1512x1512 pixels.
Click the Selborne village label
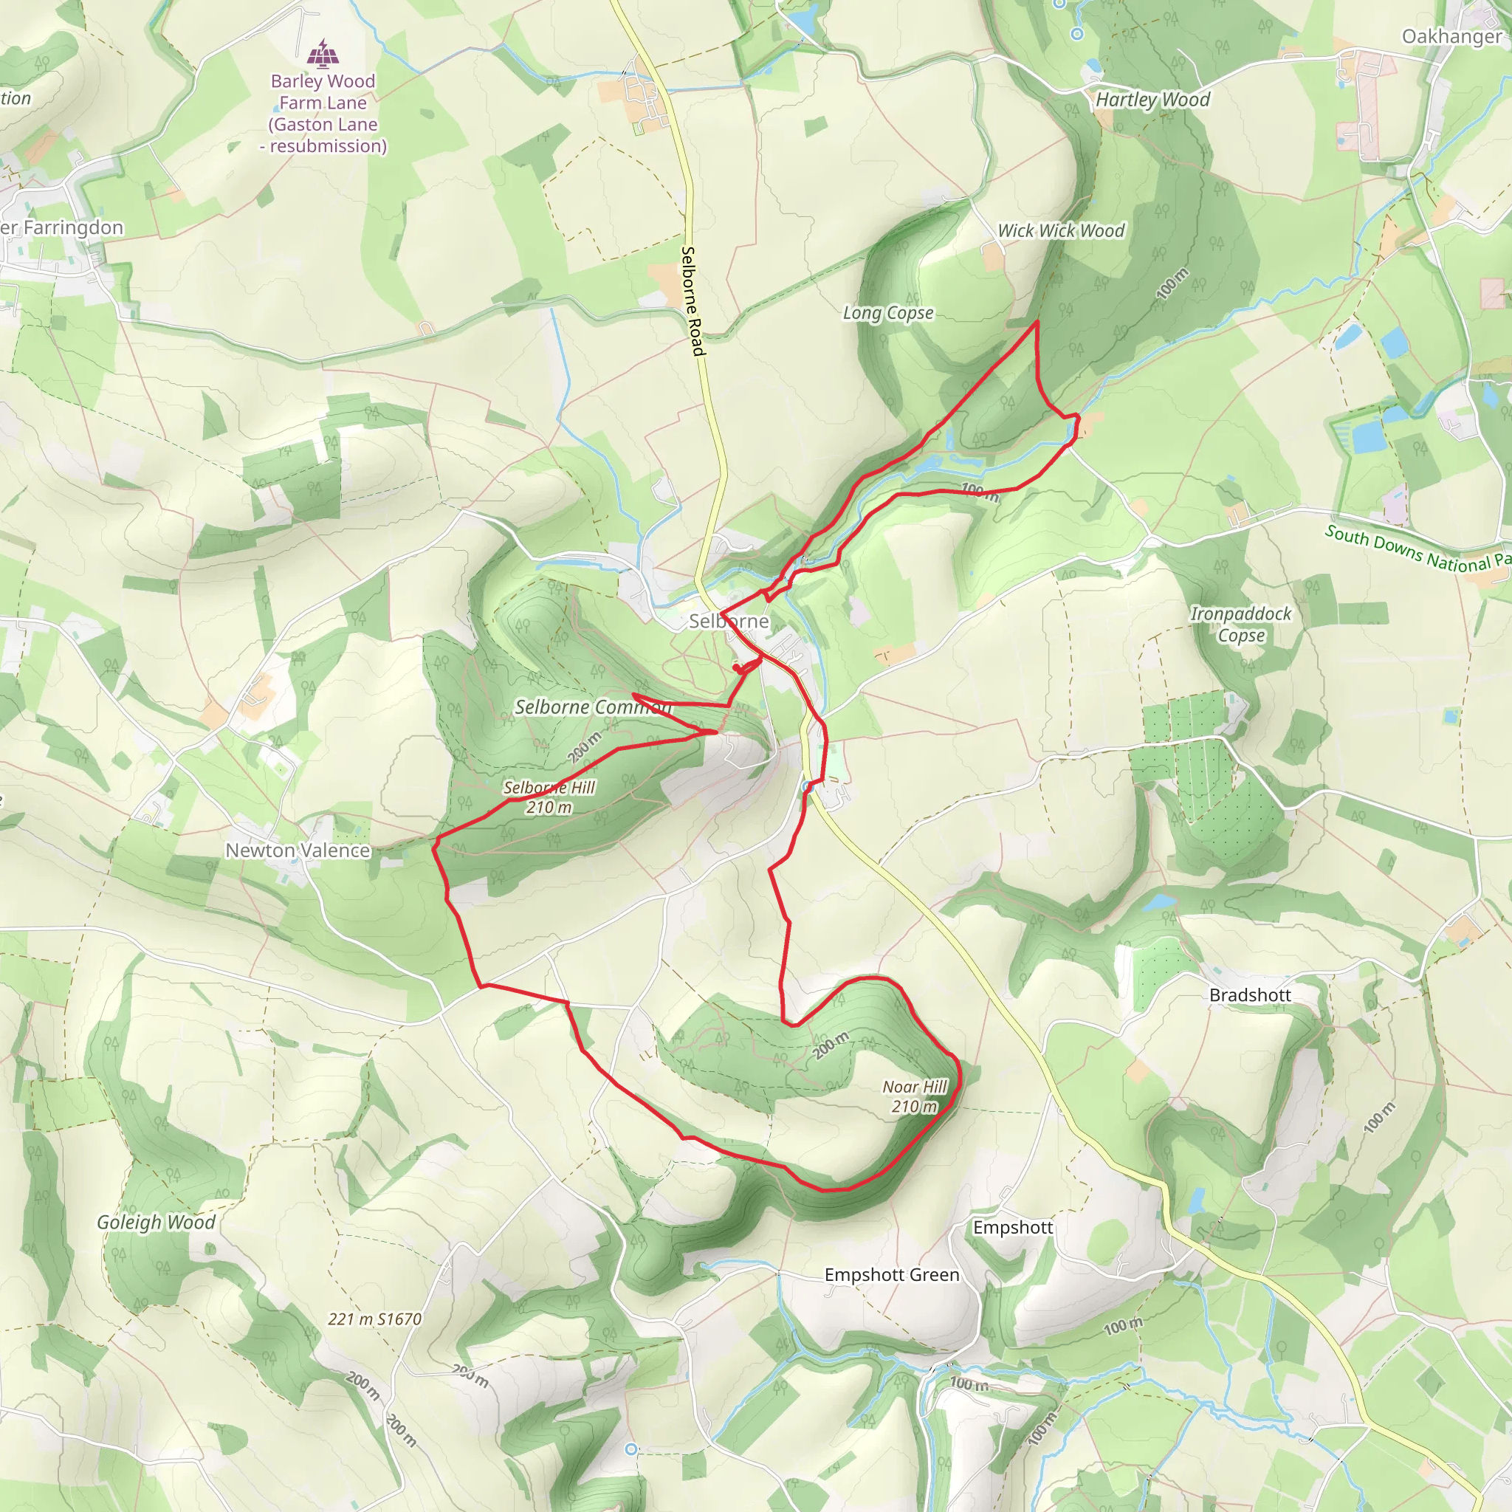pos(729,622)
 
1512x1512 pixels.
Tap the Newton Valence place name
pos(298,850)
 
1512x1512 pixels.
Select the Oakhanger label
pos(1451,37)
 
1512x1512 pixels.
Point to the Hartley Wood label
pos(1152,100)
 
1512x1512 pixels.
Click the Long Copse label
pos(887,313)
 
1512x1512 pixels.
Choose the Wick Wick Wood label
pos(1060,231)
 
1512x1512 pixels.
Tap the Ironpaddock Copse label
pos(1240,625)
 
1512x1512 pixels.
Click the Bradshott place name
pos(1250,995)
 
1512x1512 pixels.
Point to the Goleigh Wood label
pos(156,1223)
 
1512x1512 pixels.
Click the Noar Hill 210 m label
pos(914,1096)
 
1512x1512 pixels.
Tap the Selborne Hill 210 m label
pos(549,797)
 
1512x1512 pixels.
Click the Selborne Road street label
pos(693,301)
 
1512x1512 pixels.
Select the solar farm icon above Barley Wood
pos(323,55)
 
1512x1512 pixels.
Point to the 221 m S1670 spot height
pos(375,1319)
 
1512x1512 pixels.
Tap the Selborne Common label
pos(592,707)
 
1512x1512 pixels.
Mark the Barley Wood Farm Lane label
pos(323,114)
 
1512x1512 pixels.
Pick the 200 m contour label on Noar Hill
pos(831,1045)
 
